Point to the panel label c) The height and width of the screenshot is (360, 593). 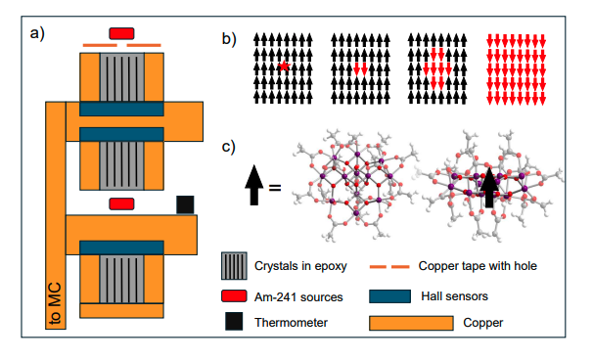point(228,148)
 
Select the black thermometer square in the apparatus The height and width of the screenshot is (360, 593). point(185,203)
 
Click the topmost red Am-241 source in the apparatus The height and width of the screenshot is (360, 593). point(122,33)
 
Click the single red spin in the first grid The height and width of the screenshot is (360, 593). point(282,67)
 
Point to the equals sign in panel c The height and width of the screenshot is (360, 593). point(275,186)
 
